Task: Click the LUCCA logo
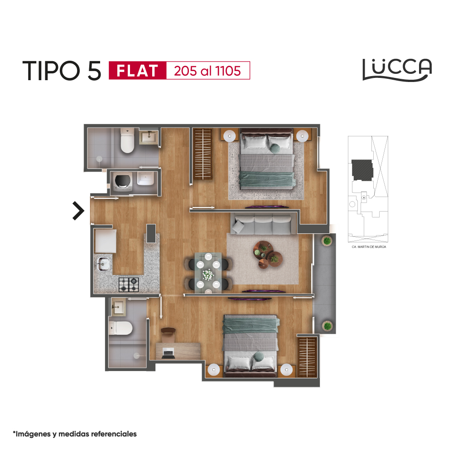tap(397, 70)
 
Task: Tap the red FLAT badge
tap(138, 71)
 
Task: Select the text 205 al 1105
tap(207, 71)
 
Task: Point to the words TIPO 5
tap(62, 71)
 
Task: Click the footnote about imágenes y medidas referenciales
tap(75, 434)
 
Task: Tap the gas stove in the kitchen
tap(129, 284)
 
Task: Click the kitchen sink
tap(104, 264)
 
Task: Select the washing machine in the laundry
tap(122, 182)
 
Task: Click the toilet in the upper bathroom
tap(127, 141)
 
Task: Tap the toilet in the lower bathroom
tap(120, 328)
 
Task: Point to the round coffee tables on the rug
tap(267, 255)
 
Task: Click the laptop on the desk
tap(169, 354)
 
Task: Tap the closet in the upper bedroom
tap(203, 154)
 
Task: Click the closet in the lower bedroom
tap(308, 357)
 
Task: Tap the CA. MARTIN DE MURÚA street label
tap(369, 247)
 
